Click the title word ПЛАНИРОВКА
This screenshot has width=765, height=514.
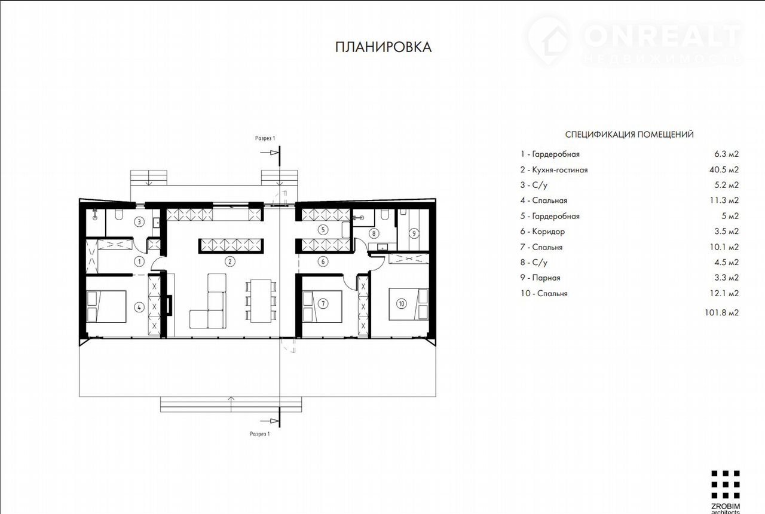(383, 47)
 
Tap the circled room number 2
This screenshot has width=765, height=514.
(230, 261)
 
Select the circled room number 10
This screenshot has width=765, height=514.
(401, 303)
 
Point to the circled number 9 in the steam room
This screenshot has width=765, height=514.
(414, 233)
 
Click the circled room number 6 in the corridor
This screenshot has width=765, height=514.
(323, 261)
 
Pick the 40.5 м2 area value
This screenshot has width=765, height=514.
(724, 169)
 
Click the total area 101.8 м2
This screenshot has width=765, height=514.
(721, 312)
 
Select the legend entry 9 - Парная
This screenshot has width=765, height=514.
(540, 278)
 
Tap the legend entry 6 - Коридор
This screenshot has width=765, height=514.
(543, 232)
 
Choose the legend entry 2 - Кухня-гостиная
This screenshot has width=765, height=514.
(554, 170)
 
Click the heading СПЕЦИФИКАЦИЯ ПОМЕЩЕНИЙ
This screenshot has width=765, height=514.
(629, 135)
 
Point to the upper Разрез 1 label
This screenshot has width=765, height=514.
(265, 138)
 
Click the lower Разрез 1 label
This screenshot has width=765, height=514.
(259, 434)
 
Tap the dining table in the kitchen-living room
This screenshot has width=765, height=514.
(261, 301)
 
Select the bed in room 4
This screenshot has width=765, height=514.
(106, 306)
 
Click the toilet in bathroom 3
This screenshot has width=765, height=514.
(119, 215)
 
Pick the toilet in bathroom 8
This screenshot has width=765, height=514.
(384, 214)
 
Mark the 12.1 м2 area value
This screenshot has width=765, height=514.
(724, 293)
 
